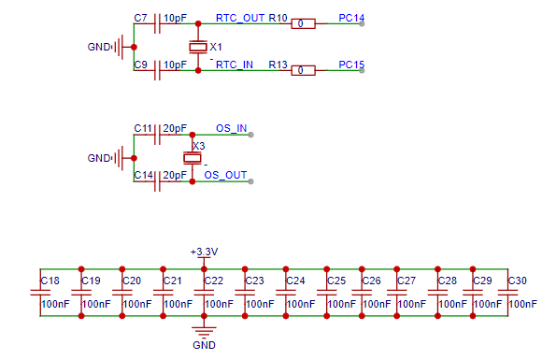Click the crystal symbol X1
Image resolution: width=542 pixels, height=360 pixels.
(198, 47)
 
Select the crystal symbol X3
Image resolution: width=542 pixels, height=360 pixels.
(193, 158)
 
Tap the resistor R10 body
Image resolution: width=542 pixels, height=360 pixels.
(303, 23)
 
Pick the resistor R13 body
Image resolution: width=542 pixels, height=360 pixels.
(303, 70)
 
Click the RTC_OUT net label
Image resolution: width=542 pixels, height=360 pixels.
(240, 18)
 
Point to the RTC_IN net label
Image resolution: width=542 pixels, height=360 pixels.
(235, 65)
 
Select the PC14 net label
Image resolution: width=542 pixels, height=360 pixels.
(351, 18)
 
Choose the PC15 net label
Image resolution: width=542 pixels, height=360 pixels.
(351, 65)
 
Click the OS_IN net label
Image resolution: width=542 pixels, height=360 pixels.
(231, 128)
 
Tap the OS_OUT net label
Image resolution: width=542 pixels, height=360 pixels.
(225, 175)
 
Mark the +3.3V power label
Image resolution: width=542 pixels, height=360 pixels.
(204, 252)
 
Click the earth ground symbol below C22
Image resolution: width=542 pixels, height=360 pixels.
(204, 332)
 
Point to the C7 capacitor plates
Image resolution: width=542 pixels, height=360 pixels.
(157, 23)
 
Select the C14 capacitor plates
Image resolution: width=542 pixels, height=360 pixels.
(157, 181)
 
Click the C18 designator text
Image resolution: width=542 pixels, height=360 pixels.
(50, 281)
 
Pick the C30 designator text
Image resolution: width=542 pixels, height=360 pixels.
(518, 281)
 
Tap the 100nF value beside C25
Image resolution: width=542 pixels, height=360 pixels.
(341, 304)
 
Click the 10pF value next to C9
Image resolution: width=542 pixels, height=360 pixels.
(175, 65)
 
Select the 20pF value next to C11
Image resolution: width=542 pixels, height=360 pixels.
(175, 128)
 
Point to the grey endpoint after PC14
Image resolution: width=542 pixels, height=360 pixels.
(362, 23)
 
